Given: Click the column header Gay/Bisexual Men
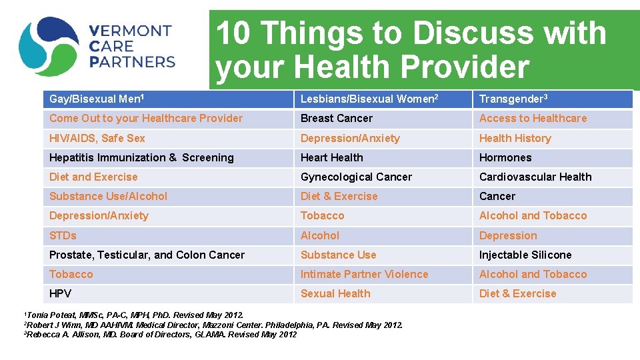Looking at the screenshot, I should [97, 99].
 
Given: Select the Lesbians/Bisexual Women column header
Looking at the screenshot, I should [369, 99].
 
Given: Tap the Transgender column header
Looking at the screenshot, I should [513, 99].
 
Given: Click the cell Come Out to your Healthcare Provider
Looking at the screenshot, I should [146, 119].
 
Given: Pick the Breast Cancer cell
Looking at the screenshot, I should [337, 119].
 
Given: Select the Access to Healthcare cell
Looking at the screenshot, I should [533, 119].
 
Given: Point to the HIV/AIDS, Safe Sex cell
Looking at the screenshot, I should [97, 139].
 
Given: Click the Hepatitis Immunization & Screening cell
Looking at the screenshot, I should [141, 158].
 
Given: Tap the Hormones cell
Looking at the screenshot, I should [505, 158].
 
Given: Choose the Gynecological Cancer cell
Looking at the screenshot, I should [356, 177].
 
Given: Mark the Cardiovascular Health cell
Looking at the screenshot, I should [535, 177].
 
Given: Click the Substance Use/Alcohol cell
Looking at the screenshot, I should [108, 197].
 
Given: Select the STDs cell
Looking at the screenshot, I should [63, 236].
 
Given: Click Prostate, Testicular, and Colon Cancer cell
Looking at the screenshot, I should [147, 255].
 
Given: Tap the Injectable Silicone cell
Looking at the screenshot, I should [525, 255].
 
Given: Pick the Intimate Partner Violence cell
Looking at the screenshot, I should [365, 275].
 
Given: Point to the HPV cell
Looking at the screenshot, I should [61, 294].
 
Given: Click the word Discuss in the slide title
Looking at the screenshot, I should [479, 33].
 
